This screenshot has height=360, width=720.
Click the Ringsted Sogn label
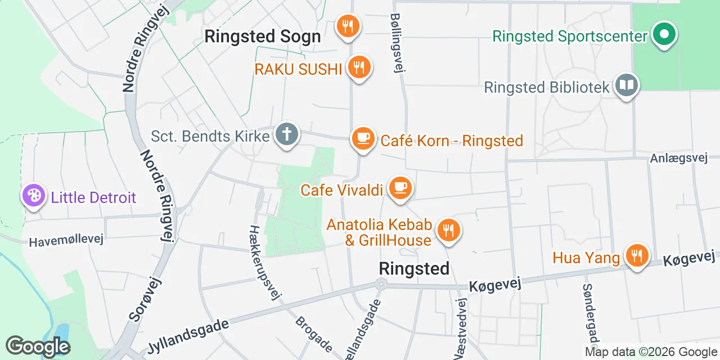(262, 37)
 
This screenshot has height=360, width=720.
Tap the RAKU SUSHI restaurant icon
(358, 67)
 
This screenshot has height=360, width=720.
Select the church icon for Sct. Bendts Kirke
(287, 135)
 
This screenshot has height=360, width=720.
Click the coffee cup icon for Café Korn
(363, 138)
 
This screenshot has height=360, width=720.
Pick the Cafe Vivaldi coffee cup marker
(400, 187)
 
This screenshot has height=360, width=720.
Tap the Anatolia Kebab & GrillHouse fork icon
(448, 230)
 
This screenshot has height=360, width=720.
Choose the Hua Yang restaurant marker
(636, 256)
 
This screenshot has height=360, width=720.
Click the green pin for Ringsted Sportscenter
(664, 34)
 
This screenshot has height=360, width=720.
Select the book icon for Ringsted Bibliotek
(626, 85)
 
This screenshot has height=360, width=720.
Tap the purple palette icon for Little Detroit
(34, 196)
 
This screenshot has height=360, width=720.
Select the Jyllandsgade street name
(188, 336)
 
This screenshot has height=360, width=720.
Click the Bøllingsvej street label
(398, 43)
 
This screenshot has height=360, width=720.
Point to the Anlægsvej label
(678, 158)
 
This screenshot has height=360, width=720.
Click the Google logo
(38, 346)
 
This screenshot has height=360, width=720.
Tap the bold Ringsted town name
(414, 268)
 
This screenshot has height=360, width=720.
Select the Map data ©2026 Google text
(650, 352)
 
